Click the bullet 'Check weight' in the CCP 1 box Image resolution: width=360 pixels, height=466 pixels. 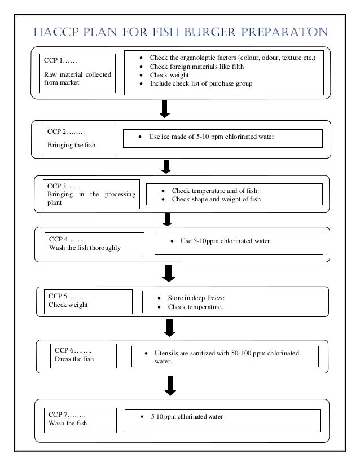pos(169,75)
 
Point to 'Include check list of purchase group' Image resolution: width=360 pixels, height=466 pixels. pos(201,83)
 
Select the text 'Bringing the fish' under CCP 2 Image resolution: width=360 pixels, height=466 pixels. pos(71,146)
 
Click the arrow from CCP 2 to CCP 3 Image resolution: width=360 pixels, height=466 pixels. pos(166,166)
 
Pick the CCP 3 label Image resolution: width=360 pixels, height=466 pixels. pos(64,186)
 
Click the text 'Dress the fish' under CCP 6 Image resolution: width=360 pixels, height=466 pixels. pos(74,359)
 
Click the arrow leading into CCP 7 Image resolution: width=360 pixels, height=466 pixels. pos(169,385)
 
